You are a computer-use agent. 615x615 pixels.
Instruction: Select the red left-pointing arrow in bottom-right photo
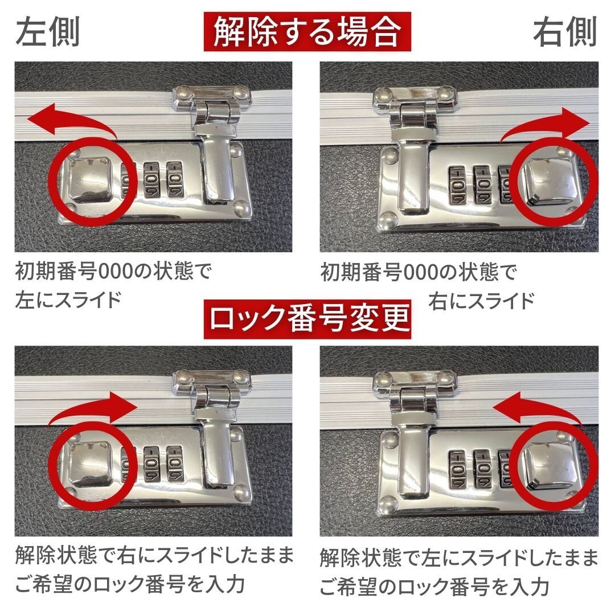538,407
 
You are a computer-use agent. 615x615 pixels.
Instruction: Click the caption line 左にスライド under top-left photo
69,300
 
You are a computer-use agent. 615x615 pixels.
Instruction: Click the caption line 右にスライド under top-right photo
481,300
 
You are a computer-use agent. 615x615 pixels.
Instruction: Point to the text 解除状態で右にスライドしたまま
154,556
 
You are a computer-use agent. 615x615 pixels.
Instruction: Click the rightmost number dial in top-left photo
175,180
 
